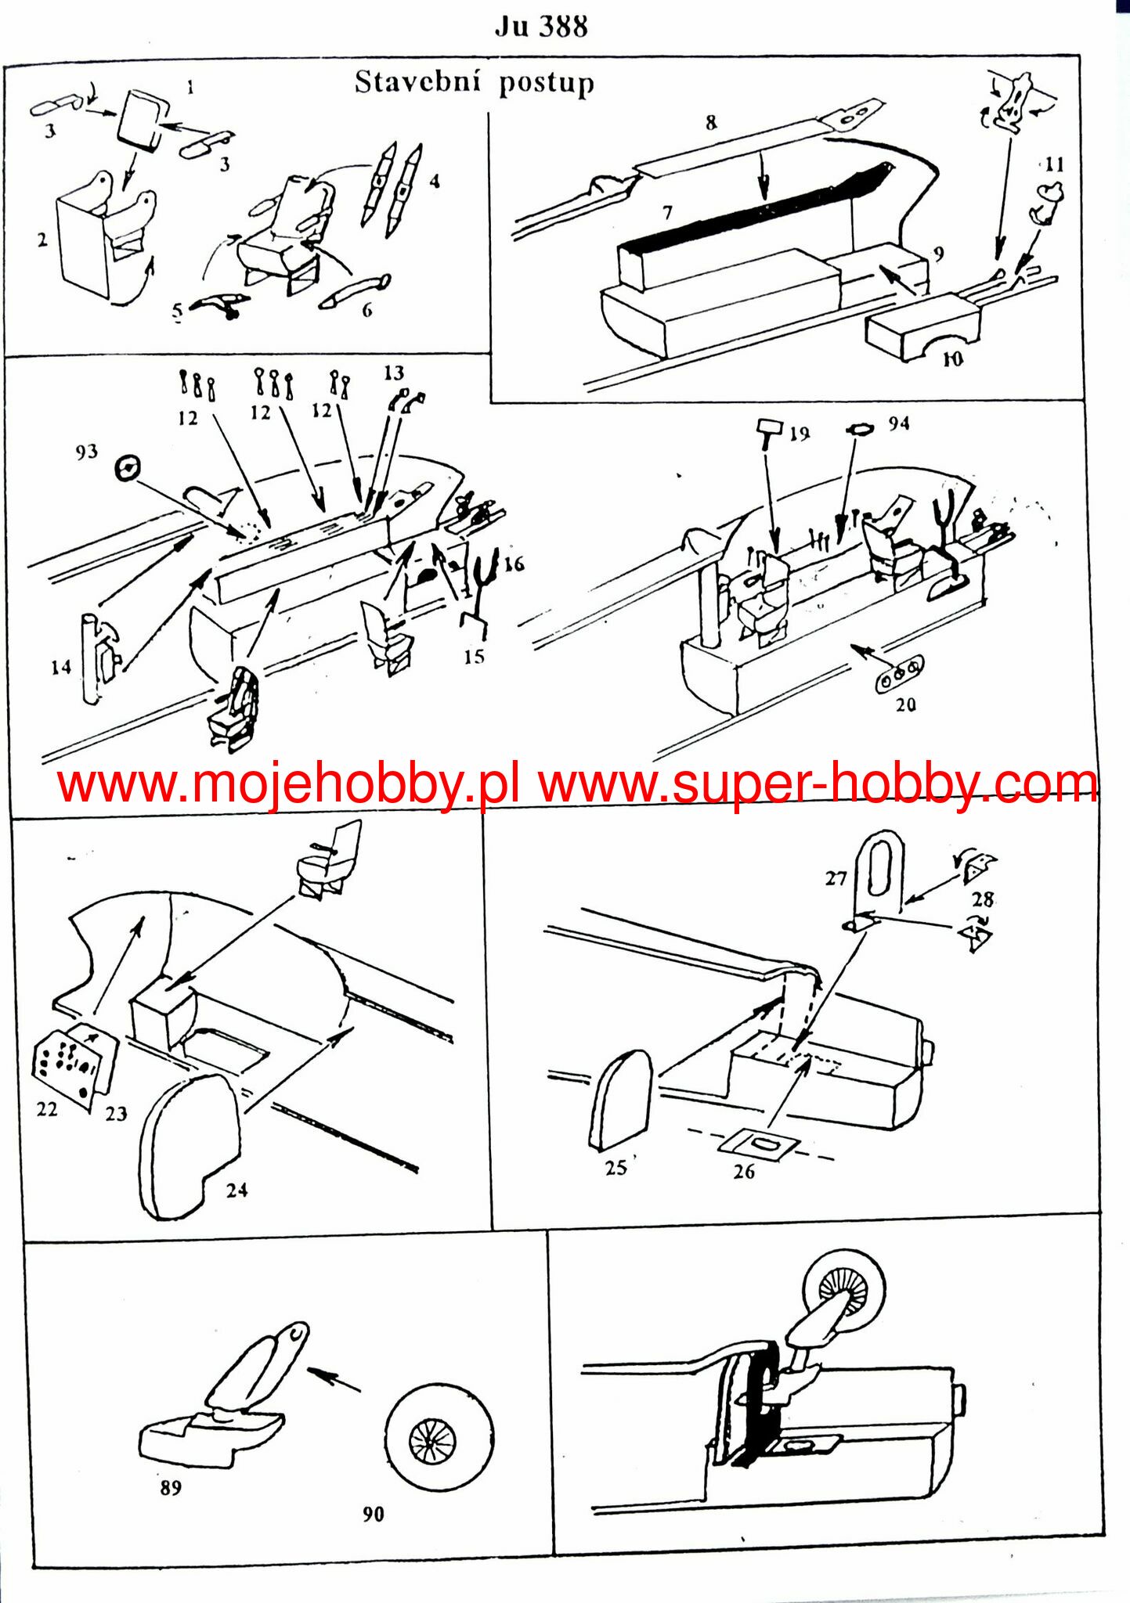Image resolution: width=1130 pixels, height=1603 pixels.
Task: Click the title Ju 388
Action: pyautogui.click(x=541, y=27)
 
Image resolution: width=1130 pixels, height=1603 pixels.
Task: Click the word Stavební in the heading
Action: pyautogui.click(x=418, y=82)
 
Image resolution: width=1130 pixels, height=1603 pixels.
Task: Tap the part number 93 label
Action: pyautogui.click(x=86, y=452)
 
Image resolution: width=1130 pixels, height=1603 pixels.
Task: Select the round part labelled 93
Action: pyautogui.click(x=127, y=469)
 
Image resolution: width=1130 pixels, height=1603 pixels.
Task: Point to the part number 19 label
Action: pyautogui.click(x=800, y=434)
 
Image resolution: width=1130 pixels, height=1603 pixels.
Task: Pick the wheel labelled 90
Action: pyautogui.click(x=440, y=1438)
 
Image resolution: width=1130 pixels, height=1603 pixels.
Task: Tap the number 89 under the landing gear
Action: pyautogui.click(x=171, y=1487)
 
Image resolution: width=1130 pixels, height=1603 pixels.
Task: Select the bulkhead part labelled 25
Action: pyautogui.click(x=620, y=1100)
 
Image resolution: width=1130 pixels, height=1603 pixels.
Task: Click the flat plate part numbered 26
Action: pyautogui.click(x=758, y=1145)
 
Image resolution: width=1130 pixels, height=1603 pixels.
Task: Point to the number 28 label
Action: pyautogui.click(x=983, y=899)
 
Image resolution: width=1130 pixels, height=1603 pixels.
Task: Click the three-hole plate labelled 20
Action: pyautogui.click(x=899, y=671)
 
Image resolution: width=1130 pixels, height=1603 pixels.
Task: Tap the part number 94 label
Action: pyautogui.click(x=898, y=423)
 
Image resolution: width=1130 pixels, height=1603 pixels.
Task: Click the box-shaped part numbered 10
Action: pyautogui.click(x=921, y=326)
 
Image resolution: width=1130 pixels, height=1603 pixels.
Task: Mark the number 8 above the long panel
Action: pyautogui.click(x=711, y=123)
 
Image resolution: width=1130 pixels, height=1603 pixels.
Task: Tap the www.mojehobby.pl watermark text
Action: pyautogui.click(x=288, y=784)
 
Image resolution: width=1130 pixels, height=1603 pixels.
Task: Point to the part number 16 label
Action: pyautogui.click(x=514, y=564)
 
